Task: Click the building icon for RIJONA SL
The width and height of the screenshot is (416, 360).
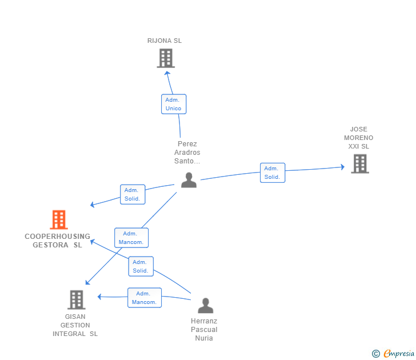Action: [165, 58]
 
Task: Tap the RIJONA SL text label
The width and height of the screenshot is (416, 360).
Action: [165, 41]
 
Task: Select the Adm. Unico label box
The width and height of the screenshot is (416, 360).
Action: [174, 104]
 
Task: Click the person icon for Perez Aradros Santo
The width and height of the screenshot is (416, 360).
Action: [189, 180]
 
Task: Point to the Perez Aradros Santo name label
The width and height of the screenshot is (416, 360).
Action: [187, 153]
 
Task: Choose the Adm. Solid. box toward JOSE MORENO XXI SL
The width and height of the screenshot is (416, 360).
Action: [272, 173]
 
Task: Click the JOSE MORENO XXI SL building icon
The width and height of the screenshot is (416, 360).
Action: [359, 164]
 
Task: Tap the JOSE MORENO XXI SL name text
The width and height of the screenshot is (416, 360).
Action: [359, 138]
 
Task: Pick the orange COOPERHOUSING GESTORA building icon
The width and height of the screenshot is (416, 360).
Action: [59, 219]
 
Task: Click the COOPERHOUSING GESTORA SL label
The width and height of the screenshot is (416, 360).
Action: [57, 241]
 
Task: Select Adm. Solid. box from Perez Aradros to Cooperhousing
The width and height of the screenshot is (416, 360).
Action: [132, 194]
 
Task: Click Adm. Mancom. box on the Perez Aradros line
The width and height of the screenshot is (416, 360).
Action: [131, 238]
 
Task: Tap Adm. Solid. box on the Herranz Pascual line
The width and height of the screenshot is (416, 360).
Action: [141, 266]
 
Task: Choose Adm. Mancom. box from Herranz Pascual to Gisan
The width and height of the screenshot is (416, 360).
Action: [144, 298]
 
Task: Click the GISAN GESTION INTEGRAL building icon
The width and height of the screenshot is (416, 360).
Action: [76, 299]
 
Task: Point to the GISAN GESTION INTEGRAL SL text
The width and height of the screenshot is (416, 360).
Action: [75, 325]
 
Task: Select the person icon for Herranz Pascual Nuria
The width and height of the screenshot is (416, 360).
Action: [205, 306]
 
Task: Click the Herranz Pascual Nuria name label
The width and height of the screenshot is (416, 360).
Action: [204, 330]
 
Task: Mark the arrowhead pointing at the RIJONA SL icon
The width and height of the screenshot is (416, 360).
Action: [167, 72]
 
